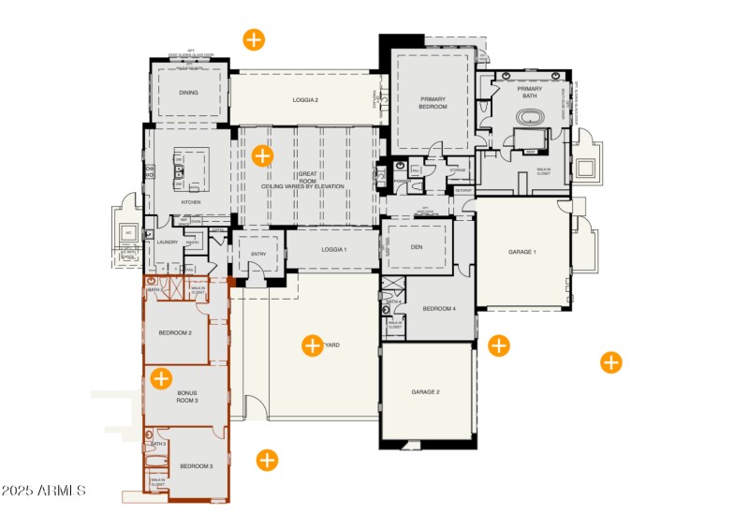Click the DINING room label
pyautogui.click(x=189, y=93)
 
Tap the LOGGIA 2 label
pyautogui.click(x=305, y=99)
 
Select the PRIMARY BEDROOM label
pyautogui.click(x=433, y=102)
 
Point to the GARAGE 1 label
pyautogui.click(x=521, y=252)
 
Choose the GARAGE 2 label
pyautogui.click(x=425, y=391)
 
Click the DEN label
pyautogui.click(x=418, y=248)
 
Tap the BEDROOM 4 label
pyautogui.click(x=438, y=309)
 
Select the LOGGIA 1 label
pyautogui.click(x=332, y=249)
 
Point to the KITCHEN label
pyautogui.click(x=191, y=202)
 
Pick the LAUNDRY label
pyautogui.click(x=168, y=242)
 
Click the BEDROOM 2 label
pyautogui.click(x=175, y=333)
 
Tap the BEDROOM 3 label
pyautogui.click(x=197, y=465)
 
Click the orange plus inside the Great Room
pyautogui.click(x=262, y=156)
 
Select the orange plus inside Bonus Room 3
pyautogui.click(x=161, y=378)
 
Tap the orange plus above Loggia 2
pyautogui.click(x=254, y=39)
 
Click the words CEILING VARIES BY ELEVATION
pyautogui.click(x=302, y=186)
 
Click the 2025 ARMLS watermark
pyautogui.click(x=44, y=491)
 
